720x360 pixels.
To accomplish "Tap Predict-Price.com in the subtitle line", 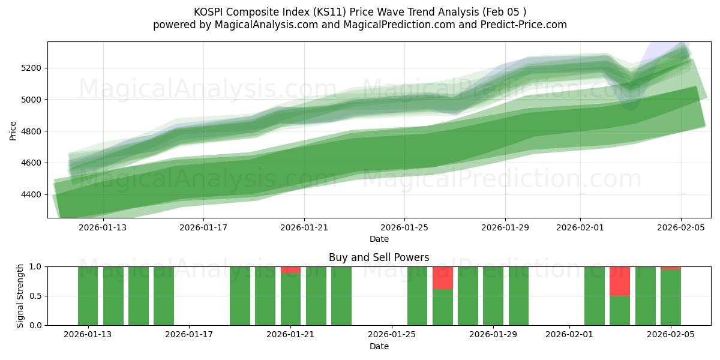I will click(x=529, y=25).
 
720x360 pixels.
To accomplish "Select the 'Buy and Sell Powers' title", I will click(x=379, y=257).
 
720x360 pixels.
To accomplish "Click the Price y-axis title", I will click(x=13, y=130).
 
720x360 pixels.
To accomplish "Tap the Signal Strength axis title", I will click(x=20, y=296).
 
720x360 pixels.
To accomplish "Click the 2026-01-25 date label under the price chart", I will click(x=404, y=227).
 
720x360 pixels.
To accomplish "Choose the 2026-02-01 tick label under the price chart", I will click(x=580, y=227).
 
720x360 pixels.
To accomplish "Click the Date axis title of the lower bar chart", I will click(x=379, y=346).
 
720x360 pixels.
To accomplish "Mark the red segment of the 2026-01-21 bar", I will click(x=290, y=270).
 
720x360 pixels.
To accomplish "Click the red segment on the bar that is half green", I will click(x=620, y=281).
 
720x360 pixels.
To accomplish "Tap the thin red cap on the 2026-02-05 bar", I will click(x=670, y=268).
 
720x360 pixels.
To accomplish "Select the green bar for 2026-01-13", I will click(x=88, y=296).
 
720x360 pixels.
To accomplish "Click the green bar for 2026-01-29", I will click(x=493, y=296).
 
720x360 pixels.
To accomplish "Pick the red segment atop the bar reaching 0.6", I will click(x=443, y=278).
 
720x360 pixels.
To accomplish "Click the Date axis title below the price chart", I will click(x=379, y=239).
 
